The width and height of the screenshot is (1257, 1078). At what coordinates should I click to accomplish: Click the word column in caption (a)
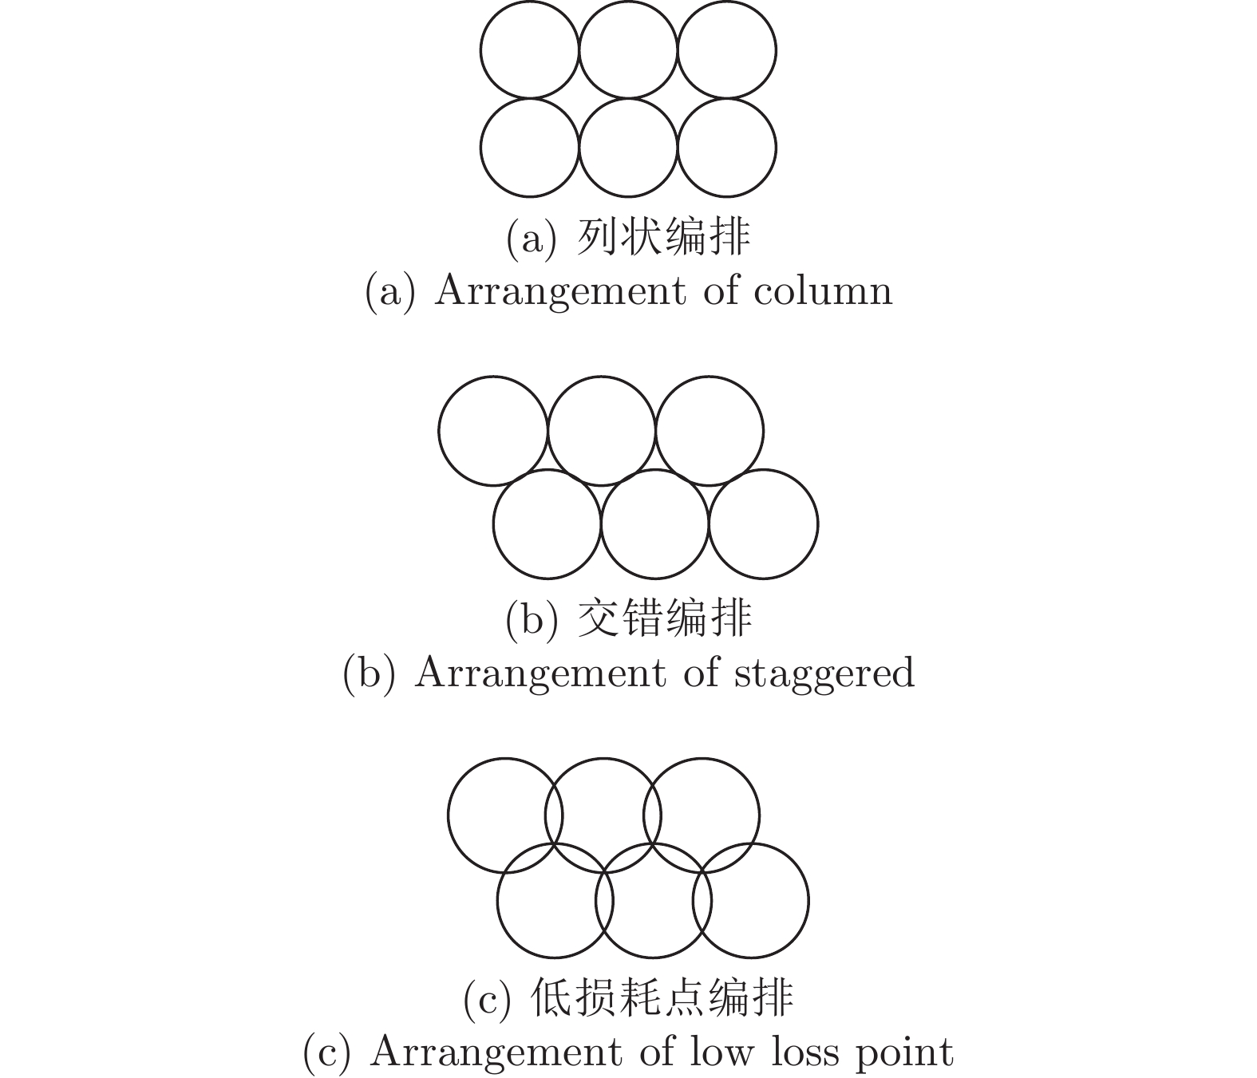pos(823,290)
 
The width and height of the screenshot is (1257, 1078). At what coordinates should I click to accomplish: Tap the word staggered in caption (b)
pos(824,673)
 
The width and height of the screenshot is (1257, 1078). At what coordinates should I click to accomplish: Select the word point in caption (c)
pos(904,1053)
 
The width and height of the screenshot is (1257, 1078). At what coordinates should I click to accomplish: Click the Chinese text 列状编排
pos(663,237)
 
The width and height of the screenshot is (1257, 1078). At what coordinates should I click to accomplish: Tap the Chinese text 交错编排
pos(664,619)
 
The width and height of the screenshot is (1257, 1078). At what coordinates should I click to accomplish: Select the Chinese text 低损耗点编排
pos(662,997)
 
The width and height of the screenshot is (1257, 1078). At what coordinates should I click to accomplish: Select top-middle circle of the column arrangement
pos(628,2)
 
